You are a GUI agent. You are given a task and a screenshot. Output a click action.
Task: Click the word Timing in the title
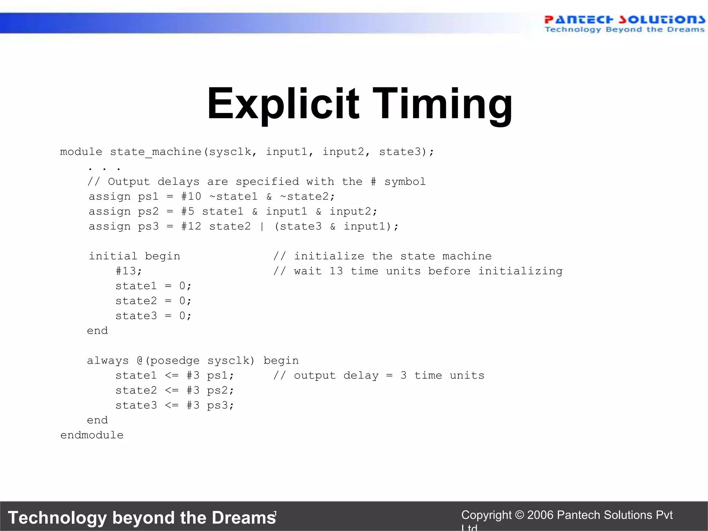[442, 104]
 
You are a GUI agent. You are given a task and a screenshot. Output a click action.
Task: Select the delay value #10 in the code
[191, 196]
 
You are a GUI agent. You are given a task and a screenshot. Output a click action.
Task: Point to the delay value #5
[188, 211]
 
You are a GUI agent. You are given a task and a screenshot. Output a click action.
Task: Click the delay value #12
[191, 226]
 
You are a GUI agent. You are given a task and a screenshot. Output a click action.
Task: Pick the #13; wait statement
[129, 271]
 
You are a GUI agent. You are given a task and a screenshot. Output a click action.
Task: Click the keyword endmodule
[92, 435]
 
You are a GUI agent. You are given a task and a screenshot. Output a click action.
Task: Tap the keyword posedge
[175, 361]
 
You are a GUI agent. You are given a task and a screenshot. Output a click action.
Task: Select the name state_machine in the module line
[156, 152]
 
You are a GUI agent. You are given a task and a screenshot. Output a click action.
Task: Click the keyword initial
[113, 256]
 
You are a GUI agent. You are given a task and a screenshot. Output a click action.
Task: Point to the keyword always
[108, 361]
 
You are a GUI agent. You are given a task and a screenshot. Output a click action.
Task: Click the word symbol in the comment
[405, 181]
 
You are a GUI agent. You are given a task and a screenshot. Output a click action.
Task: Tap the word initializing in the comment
[520, 271]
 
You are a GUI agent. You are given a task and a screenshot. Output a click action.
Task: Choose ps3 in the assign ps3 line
[148, 226]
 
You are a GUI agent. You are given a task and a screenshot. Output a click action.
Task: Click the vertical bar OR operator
[262, 226]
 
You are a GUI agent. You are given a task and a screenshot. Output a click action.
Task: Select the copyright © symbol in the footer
[519, 515]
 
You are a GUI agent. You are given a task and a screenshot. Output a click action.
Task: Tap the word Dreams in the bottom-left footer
[244, 518]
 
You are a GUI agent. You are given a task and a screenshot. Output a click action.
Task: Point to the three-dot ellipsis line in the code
[104, 168]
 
